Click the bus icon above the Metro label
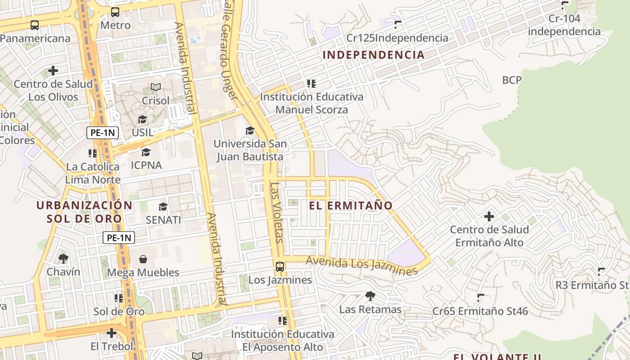[x=115, y=12]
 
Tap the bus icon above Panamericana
[x=35, y=25]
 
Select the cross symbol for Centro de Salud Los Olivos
[x=53, y=71]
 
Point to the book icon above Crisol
[x=156, y=87]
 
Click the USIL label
[x=143, y=133]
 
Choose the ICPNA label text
[x=146, y=165]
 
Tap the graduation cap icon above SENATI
[x=163, y=207]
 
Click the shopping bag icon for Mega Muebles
[x=143, y=259]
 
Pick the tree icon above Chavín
[x=63, y=258]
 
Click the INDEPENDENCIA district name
[x=373, y=55]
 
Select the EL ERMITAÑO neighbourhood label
[x=351, y=206]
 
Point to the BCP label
[x=512, y=81]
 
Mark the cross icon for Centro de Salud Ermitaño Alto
[x=489, y=217]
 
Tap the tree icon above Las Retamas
[x=370, y=296]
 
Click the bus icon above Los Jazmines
[x=280, y=267]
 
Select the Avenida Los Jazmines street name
[x=362, y=265]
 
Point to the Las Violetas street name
[x=276, y=211]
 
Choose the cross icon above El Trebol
[x=112, y=333]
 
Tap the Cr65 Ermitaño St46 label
[x=480, y=311]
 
